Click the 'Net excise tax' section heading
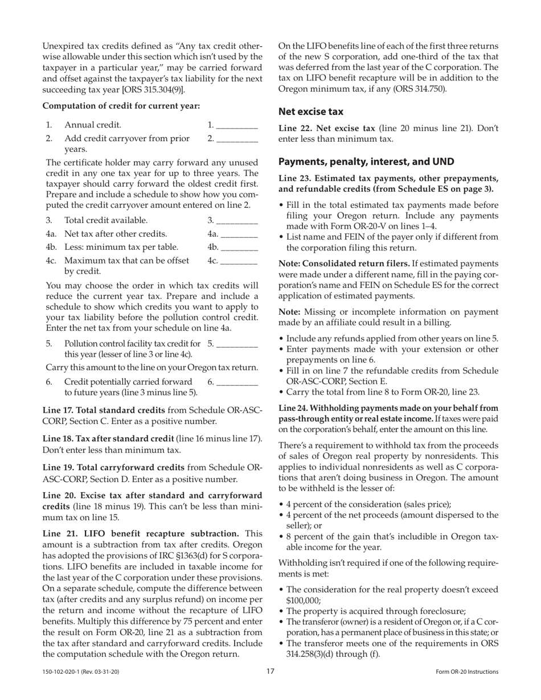pos(310,112)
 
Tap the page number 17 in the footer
pos(270,672)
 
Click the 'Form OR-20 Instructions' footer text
pos(464,672)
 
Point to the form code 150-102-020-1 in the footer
pos(80,672)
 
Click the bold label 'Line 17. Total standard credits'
pos(113,410)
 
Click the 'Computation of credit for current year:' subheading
pos(121,106)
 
